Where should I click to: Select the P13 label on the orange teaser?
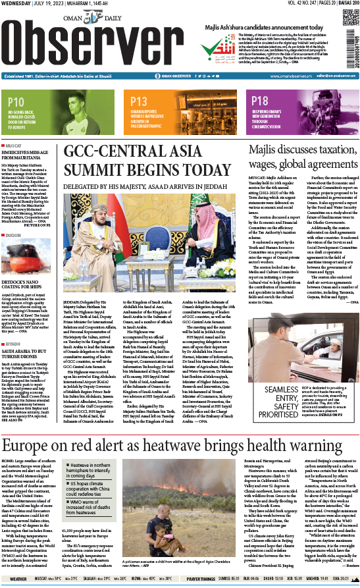click(138, 101)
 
